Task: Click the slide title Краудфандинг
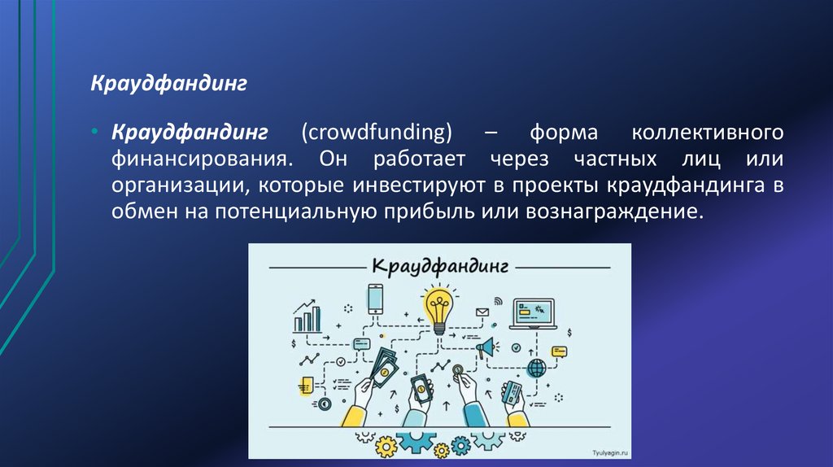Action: click(x=168, y=84)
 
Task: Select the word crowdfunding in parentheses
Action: click(x=377, y=133)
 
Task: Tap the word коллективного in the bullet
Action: click(x=708, y=133)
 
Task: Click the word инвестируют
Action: click(x=419, y=185)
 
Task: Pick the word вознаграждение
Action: click(x=614, y=212)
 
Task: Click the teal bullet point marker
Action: click(x=94, y=131)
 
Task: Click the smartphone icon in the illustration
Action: click(x=375, y=299)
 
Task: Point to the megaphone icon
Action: click(x=486, y=348)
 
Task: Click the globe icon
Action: click(x=537, y=368)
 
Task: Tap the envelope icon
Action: click(x=482, y=312)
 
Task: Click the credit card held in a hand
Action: click(x=512, y=393)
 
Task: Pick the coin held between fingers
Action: click(x=457, y=369)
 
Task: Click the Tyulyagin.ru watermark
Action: click(x=610, y=452)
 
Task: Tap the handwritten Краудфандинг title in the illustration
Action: click(x=440, y=267)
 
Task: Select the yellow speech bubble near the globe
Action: click(x=560, y=351)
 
